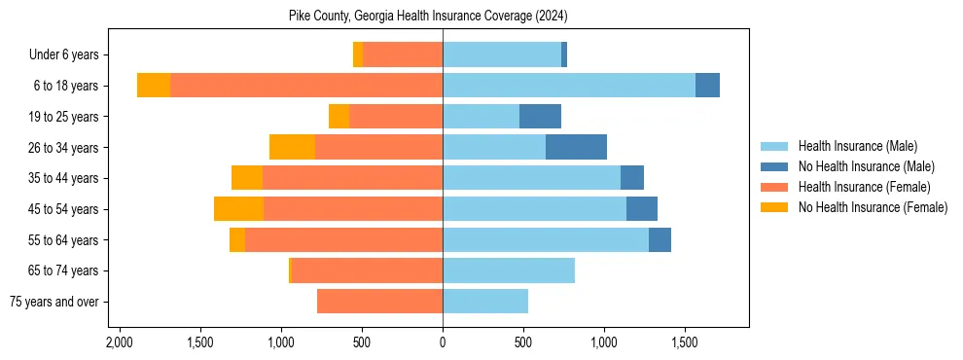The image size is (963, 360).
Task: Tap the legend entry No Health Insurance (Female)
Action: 873,207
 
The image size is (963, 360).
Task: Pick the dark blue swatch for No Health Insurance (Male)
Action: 775,166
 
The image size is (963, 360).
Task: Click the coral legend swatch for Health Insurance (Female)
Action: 775,187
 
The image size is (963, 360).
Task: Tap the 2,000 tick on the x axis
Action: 120,342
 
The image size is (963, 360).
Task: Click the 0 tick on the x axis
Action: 443,342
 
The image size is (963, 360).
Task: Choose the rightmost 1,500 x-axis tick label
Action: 685,342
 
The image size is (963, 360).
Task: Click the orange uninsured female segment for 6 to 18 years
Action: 154,86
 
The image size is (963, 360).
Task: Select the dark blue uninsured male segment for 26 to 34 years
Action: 576,147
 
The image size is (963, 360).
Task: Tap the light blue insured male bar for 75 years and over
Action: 485,302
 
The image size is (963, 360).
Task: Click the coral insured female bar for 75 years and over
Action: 379,302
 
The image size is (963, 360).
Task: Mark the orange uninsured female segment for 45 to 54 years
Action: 238,209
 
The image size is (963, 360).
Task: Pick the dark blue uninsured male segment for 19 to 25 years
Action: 540,117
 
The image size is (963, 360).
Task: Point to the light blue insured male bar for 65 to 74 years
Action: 509,270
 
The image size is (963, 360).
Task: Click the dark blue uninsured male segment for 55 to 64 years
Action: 660,239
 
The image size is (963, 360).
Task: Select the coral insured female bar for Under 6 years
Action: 403,55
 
